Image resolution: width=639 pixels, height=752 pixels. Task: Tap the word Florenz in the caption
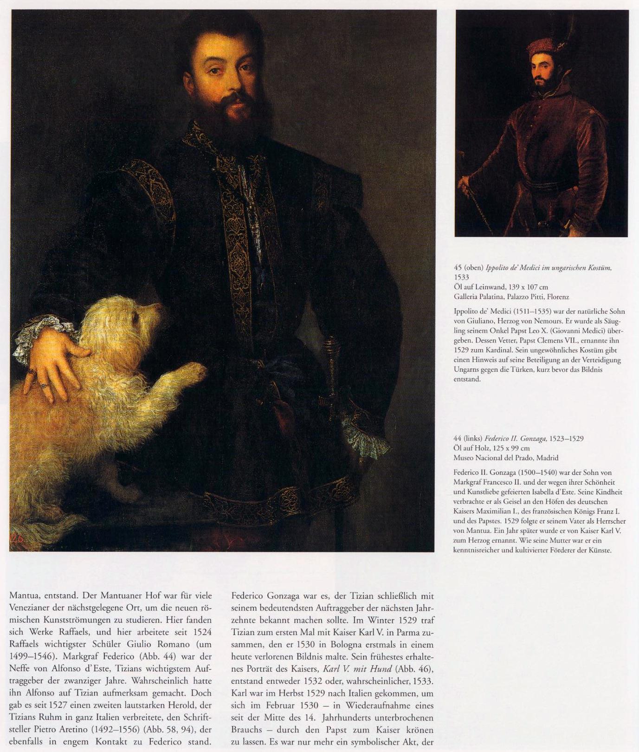pyautogui.click(x=558, y=297)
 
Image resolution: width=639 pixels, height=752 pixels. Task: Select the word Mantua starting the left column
pyautogui.click(x=23, y=594)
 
